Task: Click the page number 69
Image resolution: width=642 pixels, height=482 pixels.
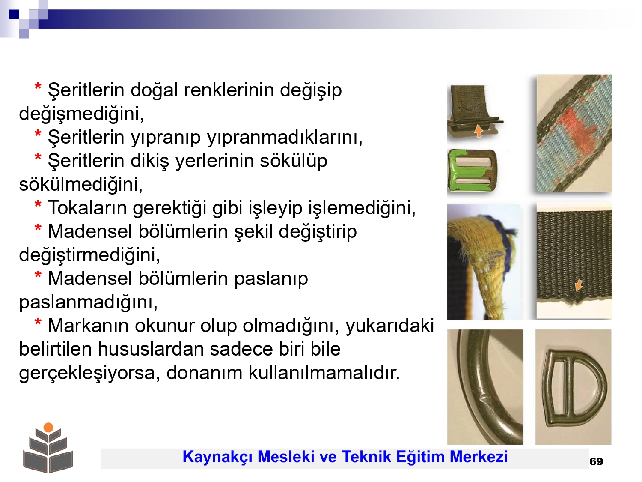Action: pyautogui.click(x=596, y=461)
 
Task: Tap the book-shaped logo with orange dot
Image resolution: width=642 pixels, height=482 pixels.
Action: pyautogui.click(x=48, y=447)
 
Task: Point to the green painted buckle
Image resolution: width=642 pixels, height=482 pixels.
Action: pyautogui.click(x=472, y=171)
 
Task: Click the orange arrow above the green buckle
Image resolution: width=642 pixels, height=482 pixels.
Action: pyautogui.click(x=479, y=131)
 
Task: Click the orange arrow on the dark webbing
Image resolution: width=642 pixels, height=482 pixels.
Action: pyautogui.click(x=578, y=285)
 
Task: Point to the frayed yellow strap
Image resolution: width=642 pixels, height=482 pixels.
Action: pyautogui.click(x=485, y=263)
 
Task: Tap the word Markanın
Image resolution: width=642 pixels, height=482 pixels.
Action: pyautogui.click(x=88, y=326)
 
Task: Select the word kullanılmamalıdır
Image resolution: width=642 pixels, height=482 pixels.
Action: pyautogui.click(x=324, y=373)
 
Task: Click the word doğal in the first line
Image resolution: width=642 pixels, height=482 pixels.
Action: pyautogui.click(x=154, y=90)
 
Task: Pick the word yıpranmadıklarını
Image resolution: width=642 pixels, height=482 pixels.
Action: pyautogui.click(x=285, y=137)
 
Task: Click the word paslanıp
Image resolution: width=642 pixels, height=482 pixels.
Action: pyautogui.click(x=271, y=279)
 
